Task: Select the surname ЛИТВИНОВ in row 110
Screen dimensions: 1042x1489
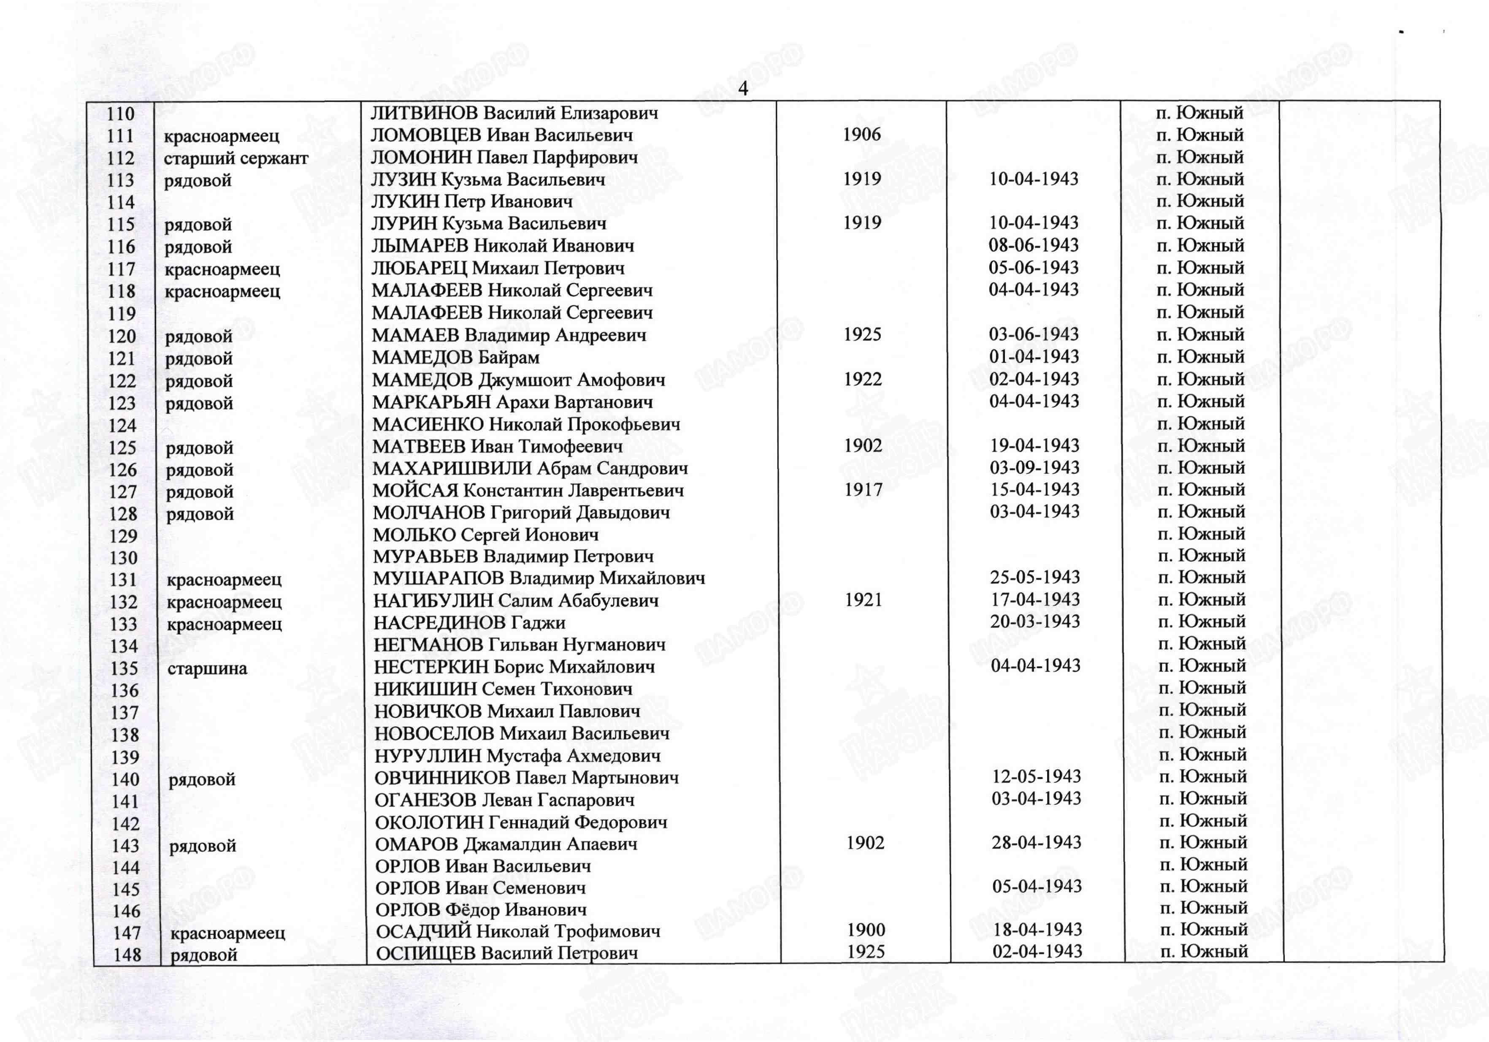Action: (x=425, y=114)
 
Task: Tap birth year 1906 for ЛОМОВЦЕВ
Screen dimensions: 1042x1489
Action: (x=861, y=135)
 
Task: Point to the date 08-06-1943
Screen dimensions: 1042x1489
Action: (x=1033, y=245)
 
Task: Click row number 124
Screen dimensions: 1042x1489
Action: (x=122, y=426)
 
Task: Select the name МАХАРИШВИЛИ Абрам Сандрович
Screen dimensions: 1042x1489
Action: (x=530, y=469)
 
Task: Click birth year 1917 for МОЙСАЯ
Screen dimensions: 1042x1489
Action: (x=863, y=490)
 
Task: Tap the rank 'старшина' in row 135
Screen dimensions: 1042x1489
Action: (x=207, y=668)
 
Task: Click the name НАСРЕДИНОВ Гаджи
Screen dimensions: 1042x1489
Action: (x=469, y=623)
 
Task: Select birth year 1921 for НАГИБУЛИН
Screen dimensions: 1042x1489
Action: (x=863, y=600)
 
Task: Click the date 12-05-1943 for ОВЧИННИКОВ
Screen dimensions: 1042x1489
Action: (x=1036, y=776)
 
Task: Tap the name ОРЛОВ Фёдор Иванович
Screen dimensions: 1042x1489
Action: (x=481, y=910)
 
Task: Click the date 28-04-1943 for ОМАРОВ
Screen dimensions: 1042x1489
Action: (x=1036, y=843)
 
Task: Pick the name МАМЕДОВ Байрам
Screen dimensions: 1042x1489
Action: (x=455, y=358)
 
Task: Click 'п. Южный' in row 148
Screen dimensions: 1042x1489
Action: (x=1204, y=952)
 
